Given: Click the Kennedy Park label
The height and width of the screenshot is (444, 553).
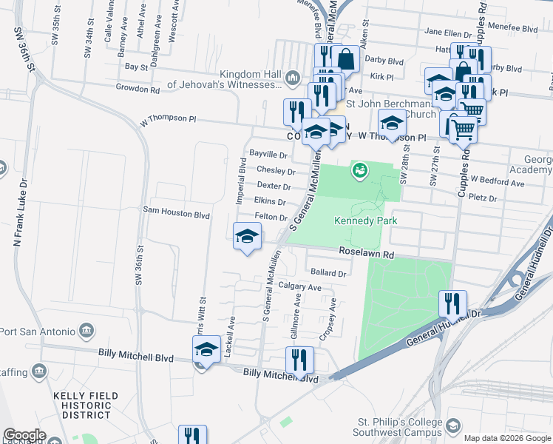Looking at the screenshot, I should click(x=365, y=221).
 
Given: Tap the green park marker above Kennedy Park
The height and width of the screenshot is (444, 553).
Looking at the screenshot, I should click(x=360, y=170).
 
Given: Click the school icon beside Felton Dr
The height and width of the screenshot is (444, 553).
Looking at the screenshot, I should click(x=247, y=237).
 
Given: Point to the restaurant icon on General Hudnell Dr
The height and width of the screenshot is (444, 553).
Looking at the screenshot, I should click(x=452, y=303).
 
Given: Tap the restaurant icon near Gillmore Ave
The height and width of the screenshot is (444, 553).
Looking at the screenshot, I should click(x=299, y=360).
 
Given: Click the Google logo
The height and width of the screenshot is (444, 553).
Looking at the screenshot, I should click(x=24, y=435).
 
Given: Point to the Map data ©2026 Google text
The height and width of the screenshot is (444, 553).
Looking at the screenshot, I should click(x=507, y=438).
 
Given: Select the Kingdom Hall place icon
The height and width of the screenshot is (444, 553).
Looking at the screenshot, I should click(x=293, y=78).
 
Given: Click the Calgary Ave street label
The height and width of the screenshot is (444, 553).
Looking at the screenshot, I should click(x=299, y=287).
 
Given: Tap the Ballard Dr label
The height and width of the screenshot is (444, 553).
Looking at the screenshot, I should click(x=329, y=273).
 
